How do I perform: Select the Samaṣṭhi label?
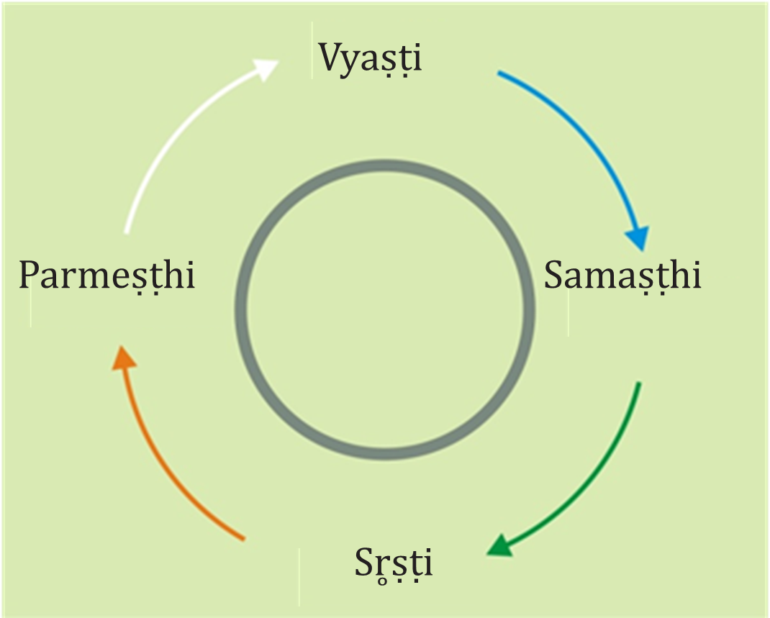click(x=622, y=276)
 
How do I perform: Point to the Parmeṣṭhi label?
click(x=107, y=276)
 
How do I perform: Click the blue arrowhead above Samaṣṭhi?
click(x=636, y=236)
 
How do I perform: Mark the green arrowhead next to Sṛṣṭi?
click(x=501, y=545)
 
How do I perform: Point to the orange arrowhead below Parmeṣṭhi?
click(x=124, y=358)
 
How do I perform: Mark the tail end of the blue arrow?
click(x=499, y=73)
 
